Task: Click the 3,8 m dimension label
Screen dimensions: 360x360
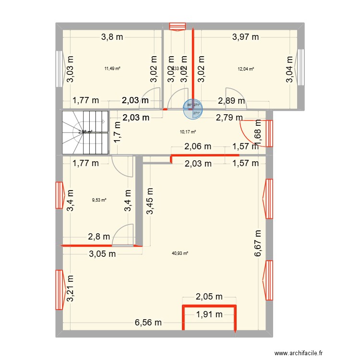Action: [111, 36]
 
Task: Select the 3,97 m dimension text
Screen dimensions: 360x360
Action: [245, 36]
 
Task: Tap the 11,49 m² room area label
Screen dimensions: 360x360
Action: [112, 68]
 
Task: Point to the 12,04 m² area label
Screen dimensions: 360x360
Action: [245, 69]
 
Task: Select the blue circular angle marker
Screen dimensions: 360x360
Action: [192, 109]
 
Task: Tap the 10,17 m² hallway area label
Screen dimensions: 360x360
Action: [188, 132]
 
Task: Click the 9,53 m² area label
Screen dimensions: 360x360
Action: [99, 201]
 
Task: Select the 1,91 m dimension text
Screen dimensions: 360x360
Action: [209, 315]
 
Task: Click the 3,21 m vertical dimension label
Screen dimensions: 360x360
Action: [71, 288]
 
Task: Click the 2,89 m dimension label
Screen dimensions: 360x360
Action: [231, 101]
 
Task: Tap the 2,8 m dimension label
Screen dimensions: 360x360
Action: [99, 236]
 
